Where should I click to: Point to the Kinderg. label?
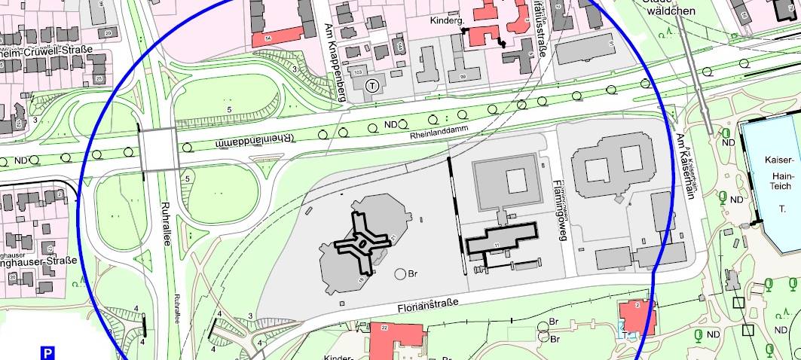(445, 21)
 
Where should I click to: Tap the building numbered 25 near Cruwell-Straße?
(98, 79)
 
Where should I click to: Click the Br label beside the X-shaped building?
(412, 274)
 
